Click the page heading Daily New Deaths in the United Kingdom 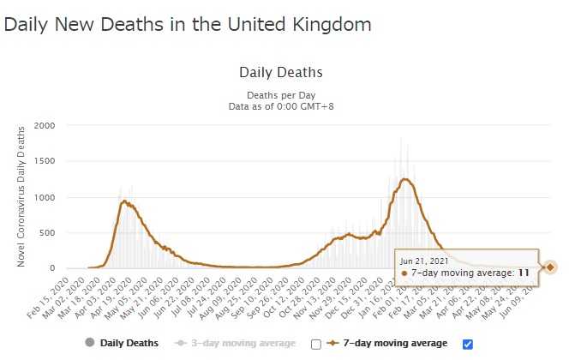click(188, 24)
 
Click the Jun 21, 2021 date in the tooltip click(422, 259)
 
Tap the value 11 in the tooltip click(523, 273)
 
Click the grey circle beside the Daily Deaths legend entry click(89, 344)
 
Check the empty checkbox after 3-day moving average click(316, 344)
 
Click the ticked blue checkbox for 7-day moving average click(467, 344)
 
